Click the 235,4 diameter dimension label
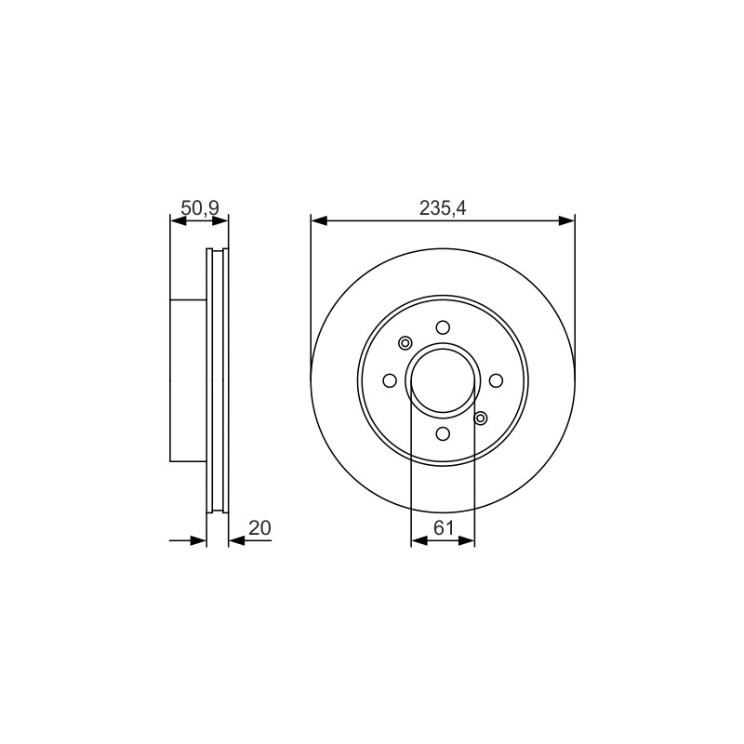point(443,208)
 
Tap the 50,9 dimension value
point(200,207)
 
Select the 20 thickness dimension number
point(259,527)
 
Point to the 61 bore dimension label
point(444,527)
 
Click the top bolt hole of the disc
point(444,327)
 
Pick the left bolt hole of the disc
point(390,380)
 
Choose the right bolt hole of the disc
point(496,380)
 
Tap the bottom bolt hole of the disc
point(444,433)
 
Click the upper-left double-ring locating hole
point(405,342)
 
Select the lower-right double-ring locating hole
point(481,418)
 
